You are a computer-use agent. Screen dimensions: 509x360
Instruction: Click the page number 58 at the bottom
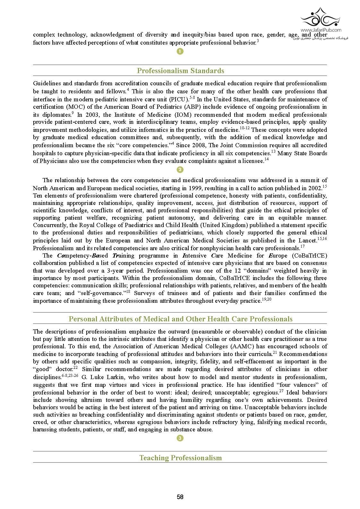click(x=180, y=497)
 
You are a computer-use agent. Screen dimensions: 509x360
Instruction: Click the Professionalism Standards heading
click(x=180, y=71)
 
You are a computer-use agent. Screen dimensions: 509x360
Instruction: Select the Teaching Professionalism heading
click(x=180, y=458)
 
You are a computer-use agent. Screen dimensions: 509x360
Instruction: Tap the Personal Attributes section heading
click(x=180, y=319)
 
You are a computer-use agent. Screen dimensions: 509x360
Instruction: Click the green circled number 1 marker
click(x=180, y=51)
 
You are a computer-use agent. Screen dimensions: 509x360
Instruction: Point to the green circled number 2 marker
click(x=180, y=170)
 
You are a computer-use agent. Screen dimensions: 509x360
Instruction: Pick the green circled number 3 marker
click(x=180, y=438)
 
